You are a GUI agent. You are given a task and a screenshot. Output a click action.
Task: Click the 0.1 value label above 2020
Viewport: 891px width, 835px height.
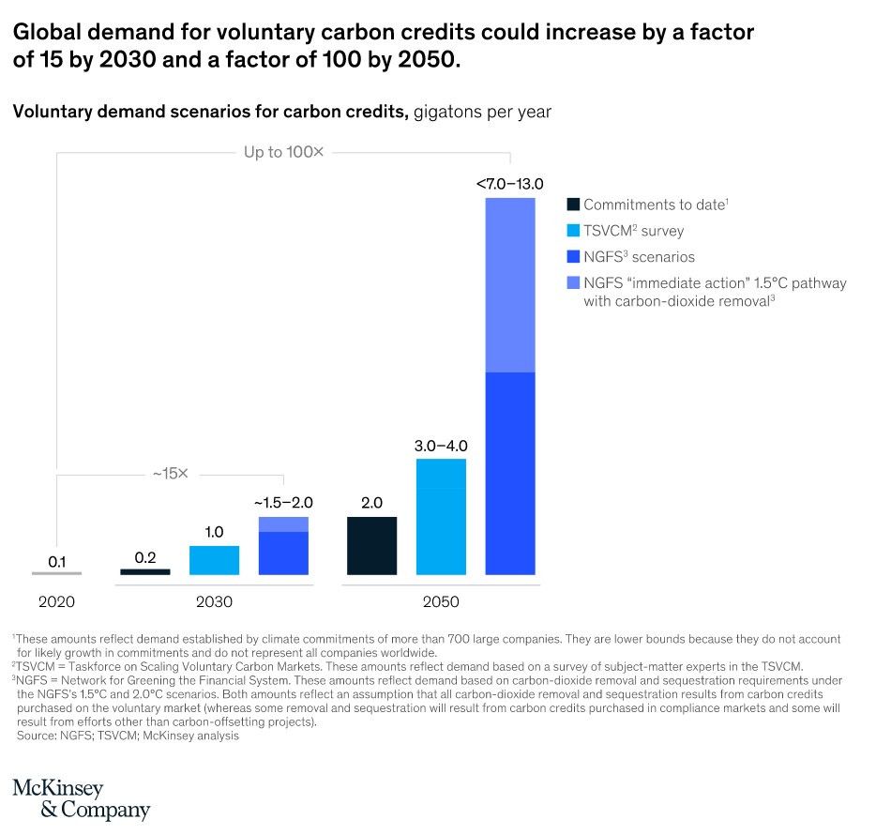pyautogui.click(x=57, y=561)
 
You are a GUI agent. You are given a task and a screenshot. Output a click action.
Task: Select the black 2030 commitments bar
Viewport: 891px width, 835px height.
pyautogui.click(x=145, y=571)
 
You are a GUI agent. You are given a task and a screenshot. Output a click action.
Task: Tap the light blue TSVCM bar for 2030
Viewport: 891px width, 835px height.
pyautogui.click(x=214, y=560)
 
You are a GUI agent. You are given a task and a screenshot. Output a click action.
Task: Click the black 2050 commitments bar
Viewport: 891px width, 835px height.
pyautogui.click(x=371, y=545)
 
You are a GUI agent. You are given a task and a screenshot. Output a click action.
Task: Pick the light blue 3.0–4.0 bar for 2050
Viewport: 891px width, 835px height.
pyautogui.click(x=441, y=516)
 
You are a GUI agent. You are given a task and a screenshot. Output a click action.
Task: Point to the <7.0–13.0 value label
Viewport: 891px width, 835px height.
pyautogui.click(x=509, y=184)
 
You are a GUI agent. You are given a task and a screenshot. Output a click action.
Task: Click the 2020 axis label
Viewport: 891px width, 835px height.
pyautogui.click(x=57, y=601)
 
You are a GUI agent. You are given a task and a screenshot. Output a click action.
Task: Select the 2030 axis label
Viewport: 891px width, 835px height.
pyautogui.click(x=214, y=601)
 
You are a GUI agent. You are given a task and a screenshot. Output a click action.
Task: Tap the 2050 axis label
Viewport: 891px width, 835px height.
pyautogui.click(x=441, y=601)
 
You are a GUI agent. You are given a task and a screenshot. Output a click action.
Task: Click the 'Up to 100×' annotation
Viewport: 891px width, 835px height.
pyautogui.click(x=283, y=152)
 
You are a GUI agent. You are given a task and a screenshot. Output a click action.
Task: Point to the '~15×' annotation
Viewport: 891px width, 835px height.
pyautogui.click(x=170, y=474)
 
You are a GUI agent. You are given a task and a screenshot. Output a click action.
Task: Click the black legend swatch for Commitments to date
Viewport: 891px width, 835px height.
pyautogui.click(x=572, y=204)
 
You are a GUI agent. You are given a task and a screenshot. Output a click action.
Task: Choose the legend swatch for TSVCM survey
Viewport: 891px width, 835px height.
pyautogui.click(x=572, y=230)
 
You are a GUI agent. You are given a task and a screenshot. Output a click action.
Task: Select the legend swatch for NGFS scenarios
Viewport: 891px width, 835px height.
pyautogui.click(x=572, y=256)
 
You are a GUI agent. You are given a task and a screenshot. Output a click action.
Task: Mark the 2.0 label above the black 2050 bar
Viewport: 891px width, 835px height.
pyautogui.click(x=371, y=503)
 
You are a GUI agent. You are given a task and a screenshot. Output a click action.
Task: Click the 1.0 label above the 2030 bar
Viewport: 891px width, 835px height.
pyautogui.click(x=214, y=532)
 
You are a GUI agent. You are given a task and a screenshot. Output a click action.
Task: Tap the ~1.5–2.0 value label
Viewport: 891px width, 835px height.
pyautogui.click(x=283, y=503)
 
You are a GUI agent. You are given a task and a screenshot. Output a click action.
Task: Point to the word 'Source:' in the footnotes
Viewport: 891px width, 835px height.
pyautogui.click(x=38, y=736)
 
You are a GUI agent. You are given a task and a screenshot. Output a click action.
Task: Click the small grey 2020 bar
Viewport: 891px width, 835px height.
pyautogui.click(x=57, y=573)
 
